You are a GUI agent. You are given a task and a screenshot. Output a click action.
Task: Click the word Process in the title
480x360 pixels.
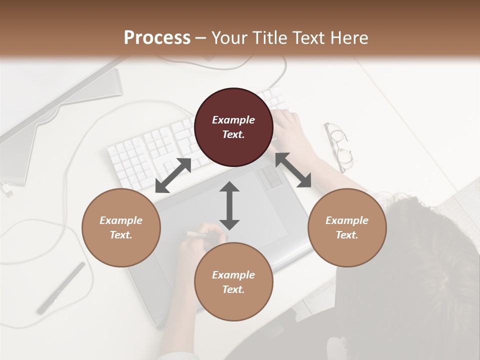(x=157, y=38)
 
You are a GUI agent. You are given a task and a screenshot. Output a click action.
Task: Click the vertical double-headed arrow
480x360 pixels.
(x=229, y=205)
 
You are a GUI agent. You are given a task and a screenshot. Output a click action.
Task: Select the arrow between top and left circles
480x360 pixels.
(x=173, y=175)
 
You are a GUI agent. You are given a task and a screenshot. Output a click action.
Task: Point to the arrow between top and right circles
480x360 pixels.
(x=293, y=170)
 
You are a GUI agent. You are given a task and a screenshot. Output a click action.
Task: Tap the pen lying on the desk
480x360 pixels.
(x=61, y=287)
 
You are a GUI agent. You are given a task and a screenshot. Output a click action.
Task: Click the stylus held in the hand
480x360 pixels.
(x=196, y=233)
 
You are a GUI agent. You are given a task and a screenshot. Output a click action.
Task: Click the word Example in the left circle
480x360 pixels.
(x=121, y=220)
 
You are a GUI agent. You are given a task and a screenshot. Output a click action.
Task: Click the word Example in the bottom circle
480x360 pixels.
(x=233, y=275)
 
